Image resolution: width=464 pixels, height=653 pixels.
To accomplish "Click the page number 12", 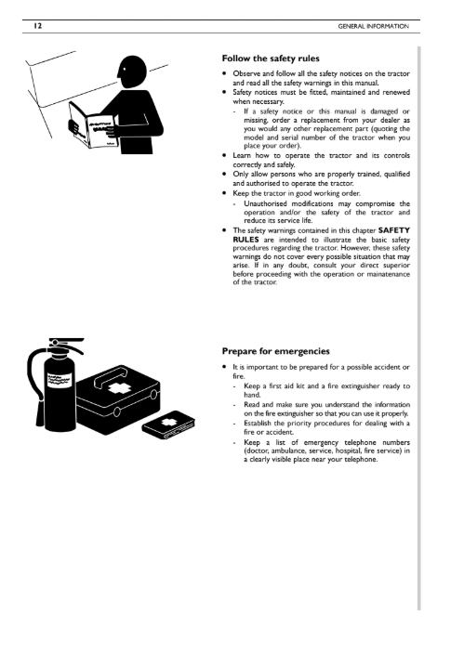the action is coord(37,26).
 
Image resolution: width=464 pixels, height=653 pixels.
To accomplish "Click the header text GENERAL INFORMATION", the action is coord(373,26).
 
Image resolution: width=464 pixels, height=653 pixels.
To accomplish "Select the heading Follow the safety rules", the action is coord(271,59).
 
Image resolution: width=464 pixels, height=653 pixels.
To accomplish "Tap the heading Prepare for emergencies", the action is coord(275,351).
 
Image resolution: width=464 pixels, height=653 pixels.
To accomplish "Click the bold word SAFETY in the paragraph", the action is coord(394,230).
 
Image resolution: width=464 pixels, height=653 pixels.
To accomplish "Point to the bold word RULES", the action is coord(246,240).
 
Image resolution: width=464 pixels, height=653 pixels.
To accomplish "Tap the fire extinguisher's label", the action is coord(60,379).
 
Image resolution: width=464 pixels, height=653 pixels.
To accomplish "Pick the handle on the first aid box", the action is coord(110,376).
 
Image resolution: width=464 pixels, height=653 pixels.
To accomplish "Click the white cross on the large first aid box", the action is coord(117,388).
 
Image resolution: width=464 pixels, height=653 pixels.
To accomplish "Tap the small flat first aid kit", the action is coord(169,424).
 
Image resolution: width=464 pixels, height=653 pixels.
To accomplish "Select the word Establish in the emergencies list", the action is coord(257,424).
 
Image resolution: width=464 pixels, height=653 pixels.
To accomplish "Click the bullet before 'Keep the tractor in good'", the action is coord(224,193).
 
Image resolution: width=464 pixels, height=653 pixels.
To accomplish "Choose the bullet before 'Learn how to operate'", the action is coord(224,155).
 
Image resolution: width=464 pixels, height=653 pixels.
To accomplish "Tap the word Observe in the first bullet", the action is coord(246,73).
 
